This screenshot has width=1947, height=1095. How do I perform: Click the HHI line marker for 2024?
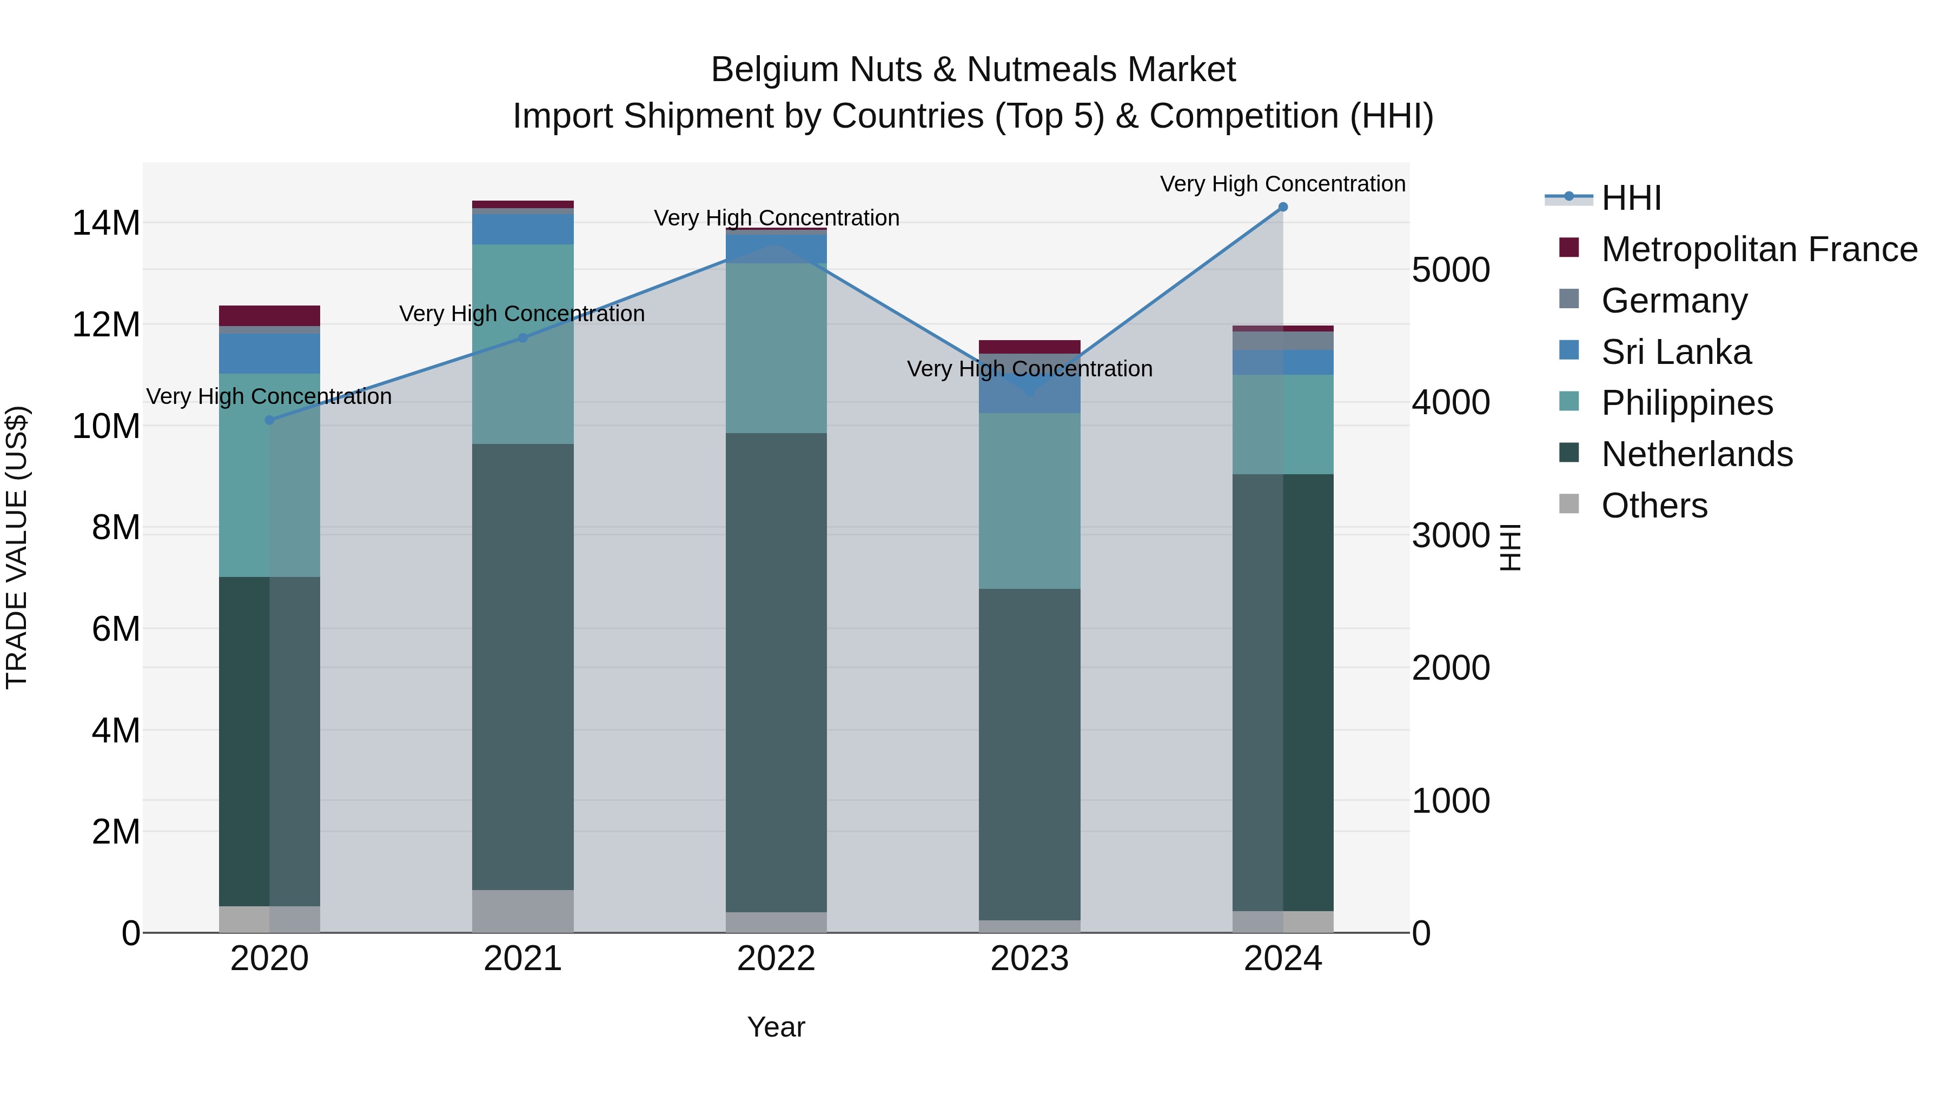(1283, 207)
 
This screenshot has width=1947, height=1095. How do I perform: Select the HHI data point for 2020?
(270, 420)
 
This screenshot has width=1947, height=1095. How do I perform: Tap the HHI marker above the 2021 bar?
(522, 338)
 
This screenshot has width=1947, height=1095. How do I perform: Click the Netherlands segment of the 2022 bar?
(776, 673)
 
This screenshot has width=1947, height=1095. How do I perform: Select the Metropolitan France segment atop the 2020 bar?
(270, 316)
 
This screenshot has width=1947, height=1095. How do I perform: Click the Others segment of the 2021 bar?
(522, 911)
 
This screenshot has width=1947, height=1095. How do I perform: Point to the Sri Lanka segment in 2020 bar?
(270, 354)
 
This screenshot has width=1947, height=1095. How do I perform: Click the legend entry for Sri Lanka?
(1676, 352)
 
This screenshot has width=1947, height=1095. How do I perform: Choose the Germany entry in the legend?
(1674, 301)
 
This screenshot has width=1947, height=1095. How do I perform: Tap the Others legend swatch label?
(1654, 506)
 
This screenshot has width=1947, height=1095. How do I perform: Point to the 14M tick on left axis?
(107, 224)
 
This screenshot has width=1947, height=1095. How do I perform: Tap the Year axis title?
(776, 1027)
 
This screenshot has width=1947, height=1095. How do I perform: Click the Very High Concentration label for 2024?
(1283, 184)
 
